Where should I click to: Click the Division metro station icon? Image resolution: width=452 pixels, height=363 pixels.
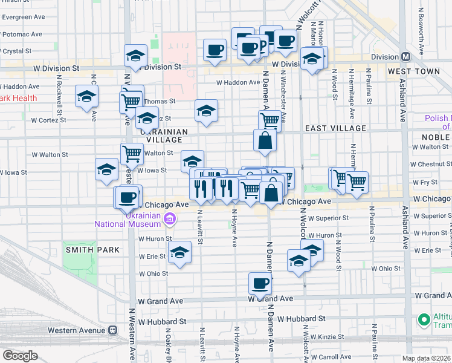(405, 57)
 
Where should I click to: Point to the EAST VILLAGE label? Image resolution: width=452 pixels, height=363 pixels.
(335, 128)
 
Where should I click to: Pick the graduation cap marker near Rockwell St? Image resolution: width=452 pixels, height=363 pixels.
(87, 96)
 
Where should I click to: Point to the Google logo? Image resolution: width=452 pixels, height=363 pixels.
(20, 356)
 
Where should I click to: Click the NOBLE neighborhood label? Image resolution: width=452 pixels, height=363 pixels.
(437, 137)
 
